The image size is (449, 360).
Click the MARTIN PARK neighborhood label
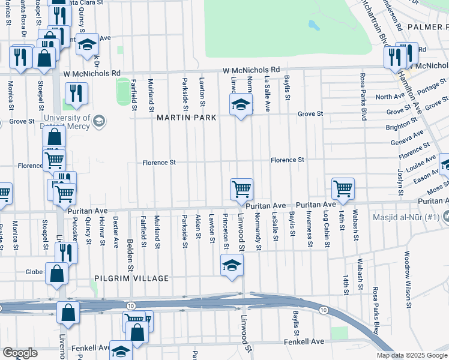pyautogui.click(x=185, y=118)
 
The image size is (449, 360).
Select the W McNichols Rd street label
pyautogui.click(x=251, y=70)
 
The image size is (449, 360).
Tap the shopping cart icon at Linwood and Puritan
pyautogui.click(x=241, y=189)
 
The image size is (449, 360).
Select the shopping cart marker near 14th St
pyautogui.click(x=343, y=188)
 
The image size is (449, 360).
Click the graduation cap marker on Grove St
pyautogui.click(x=241, y=106)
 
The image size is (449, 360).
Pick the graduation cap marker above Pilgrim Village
pyautogui.click(x=232, y=264)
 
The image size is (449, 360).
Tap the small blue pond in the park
pyautogui.click(x=313, y=25)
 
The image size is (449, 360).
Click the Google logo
pyautogui.click(x=20, y=353)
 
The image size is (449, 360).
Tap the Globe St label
pyautogui.click(x=34, y=272)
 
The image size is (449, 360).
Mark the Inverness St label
pyautogui.click(x=309, y=229)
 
